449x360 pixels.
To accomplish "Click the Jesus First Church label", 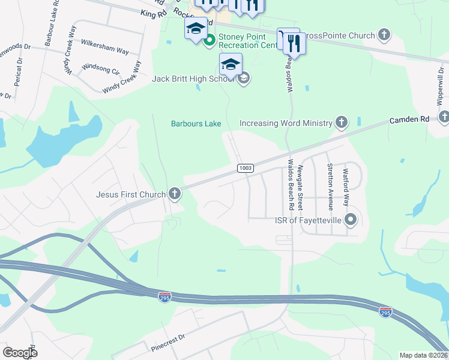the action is (x=131, y=194).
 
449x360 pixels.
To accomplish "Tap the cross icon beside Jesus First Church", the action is (x=175, y=193).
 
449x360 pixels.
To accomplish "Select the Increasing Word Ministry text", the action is (x=286, y=124).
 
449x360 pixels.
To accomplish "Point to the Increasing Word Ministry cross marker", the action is (x=341, y=124).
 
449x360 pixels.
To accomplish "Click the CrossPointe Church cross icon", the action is (x=384, y=35).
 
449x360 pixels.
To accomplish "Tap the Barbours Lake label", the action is (x=196, y=124).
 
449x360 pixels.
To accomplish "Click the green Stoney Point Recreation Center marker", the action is (x=209, y=41).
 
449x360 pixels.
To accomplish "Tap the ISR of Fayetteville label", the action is (x=309, y=220).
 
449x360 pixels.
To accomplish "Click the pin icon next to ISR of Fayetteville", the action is (x=352, y=220).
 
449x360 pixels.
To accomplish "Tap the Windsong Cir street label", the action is (x=100, y=68).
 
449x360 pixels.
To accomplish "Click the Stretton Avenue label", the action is (x=330, y=186).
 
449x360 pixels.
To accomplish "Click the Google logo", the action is (x=20, y=352).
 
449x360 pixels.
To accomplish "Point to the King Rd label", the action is (x=152, y=13).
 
